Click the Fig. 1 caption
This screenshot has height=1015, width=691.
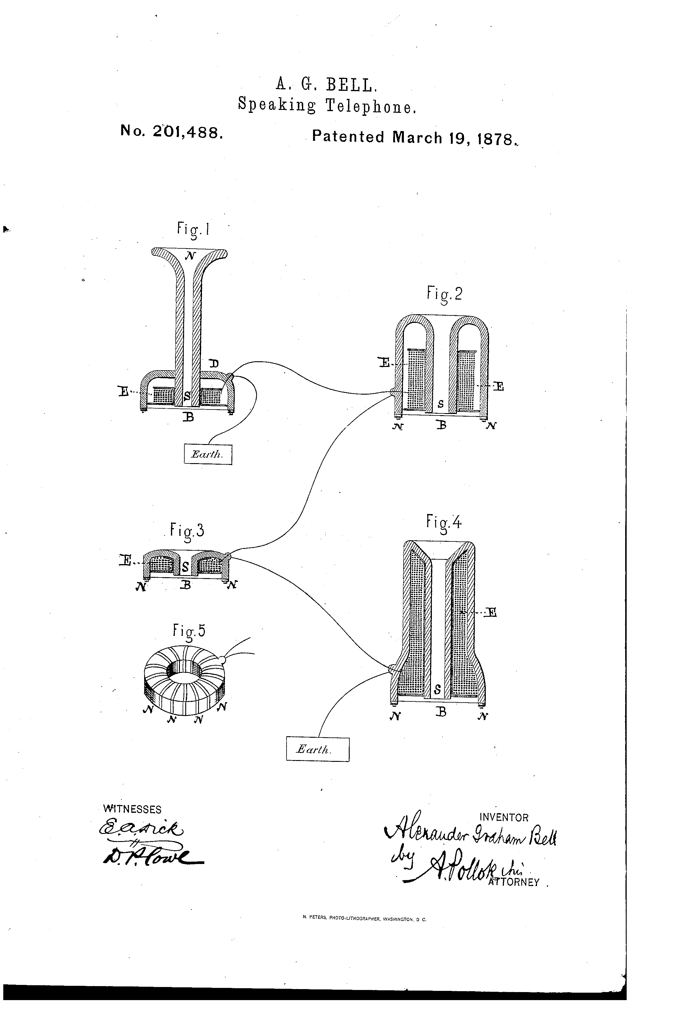(x=193, y=228)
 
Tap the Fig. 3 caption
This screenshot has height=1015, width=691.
(x=187, y=531)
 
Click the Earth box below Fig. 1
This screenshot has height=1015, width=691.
(x=208, y=454)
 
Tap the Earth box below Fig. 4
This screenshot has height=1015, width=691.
(x=317, y=749)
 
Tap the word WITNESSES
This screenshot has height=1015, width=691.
(x=132, y=809)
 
